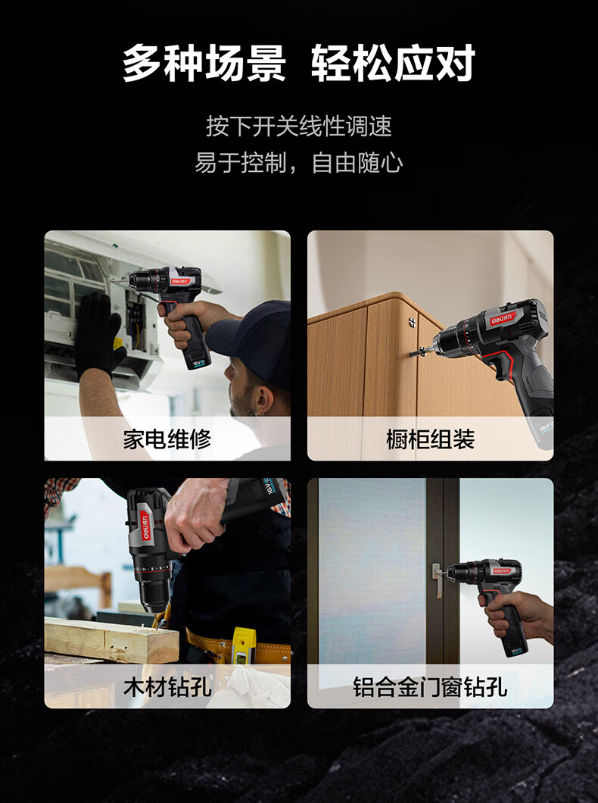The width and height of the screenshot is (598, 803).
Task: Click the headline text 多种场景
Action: tap(204, 64)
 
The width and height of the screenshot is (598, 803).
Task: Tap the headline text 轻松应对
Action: tap(394, 64)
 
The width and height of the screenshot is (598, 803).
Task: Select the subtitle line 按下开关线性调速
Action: tap(299, 126)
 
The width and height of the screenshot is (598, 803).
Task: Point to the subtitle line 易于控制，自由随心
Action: tap(299, 163)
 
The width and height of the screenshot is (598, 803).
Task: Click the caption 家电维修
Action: tap(167, 439)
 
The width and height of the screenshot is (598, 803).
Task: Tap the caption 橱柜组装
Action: tap(430, 439)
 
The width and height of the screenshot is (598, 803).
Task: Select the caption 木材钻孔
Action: tap(167, 687)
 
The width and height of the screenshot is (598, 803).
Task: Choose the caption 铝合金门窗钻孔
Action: tap(430, 687)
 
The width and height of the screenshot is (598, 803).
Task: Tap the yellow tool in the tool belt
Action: tap(241, 645)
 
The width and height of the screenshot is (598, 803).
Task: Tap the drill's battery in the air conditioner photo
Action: tap(201, 358)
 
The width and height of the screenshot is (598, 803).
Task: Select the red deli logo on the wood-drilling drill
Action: tap(145, 526)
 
